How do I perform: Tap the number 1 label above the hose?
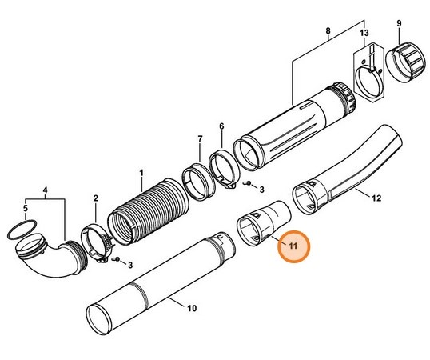point(141,173)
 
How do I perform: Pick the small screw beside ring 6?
point(247,185)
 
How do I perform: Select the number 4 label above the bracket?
point(46,190)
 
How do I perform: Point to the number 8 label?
point(328,32)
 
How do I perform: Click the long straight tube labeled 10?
point(160,280)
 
